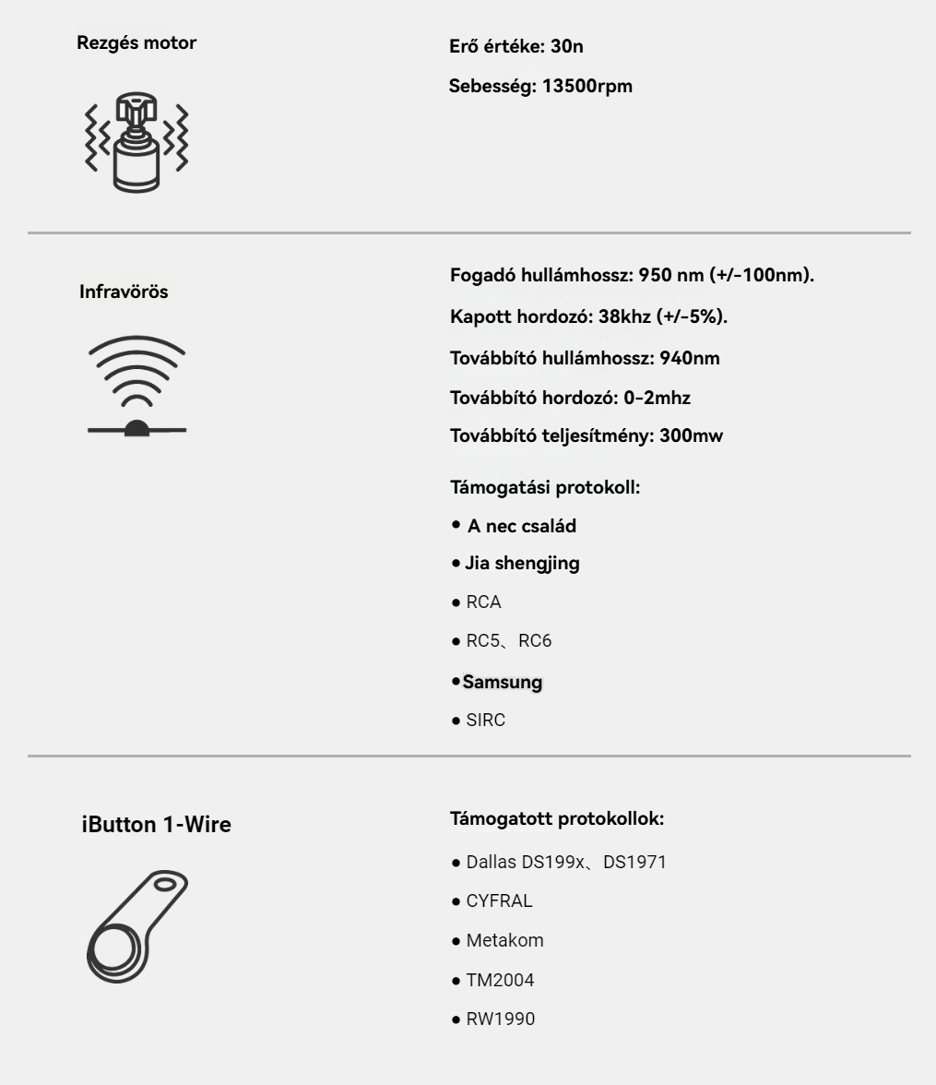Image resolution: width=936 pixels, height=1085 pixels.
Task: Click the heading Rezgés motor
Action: (136, 42)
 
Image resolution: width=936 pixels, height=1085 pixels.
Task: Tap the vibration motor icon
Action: (136, 142)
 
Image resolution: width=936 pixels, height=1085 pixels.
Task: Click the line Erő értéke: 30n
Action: (515, 46)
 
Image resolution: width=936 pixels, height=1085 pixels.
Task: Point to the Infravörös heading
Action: (124, 292)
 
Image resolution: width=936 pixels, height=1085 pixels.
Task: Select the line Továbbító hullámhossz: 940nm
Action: (585, 358)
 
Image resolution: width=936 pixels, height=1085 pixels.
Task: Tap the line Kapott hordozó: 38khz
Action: (588, 316)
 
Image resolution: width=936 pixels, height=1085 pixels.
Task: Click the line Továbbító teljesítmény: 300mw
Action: (586, 435)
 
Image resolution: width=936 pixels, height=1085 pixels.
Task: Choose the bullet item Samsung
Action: (502, 682)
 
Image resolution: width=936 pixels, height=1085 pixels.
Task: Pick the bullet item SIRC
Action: (485, 721)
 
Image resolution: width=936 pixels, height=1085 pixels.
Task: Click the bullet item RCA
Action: (483, 602)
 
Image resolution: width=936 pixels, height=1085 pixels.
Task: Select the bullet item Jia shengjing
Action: (521, 563)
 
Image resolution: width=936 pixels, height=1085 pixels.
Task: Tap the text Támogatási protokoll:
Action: (545, 486)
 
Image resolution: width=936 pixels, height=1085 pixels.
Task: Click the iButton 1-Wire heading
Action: (156, 825)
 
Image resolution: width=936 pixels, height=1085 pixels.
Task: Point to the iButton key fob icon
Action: (136, 926)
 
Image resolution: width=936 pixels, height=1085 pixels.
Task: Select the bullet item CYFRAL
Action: (499, 901)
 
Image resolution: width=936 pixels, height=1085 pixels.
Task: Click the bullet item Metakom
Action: (504, 941)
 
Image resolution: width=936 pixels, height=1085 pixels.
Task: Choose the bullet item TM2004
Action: (500, 980)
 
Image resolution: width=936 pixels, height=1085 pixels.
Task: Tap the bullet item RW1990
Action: (500, 1019)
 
